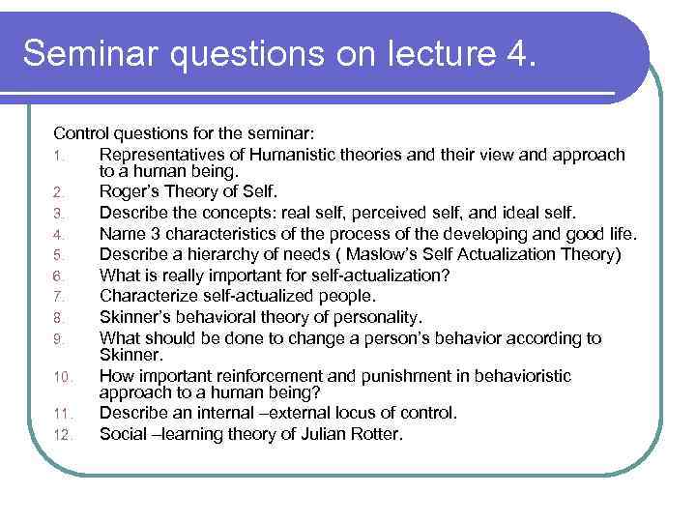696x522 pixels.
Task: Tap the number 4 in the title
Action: coord(513,53)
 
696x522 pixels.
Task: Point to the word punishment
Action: coord(422,376)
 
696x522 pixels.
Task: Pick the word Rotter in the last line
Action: coord(376,434)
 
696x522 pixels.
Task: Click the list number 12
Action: coord(60,435)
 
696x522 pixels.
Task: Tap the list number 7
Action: coord(57,297)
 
